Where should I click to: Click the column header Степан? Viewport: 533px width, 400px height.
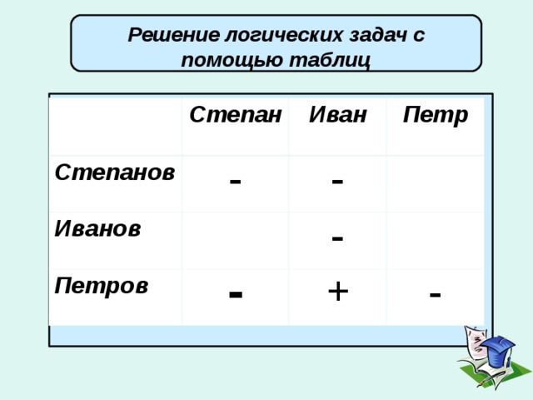[235, 115]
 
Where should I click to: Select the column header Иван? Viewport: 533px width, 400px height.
[338, 115]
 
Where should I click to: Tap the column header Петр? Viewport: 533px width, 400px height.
[436, 116]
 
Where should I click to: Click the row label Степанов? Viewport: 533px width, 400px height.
[115, 172]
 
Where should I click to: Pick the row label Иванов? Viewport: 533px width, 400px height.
[97, 228]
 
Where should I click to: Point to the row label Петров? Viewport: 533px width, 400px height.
[102, 287]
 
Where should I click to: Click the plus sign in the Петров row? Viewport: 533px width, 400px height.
[338, 292]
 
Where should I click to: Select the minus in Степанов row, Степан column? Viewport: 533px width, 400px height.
[235, 181]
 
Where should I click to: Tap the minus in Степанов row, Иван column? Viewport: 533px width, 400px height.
[337, 181]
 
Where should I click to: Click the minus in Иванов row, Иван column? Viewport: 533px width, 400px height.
[337, 237]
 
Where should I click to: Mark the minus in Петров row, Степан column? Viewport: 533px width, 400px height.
[236, 292]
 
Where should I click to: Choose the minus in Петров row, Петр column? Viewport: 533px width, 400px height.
[435, 294]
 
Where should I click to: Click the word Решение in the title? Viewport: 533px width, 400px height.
[174, 35]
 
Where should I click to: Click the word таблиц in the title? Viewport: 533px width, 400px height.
[329, 61]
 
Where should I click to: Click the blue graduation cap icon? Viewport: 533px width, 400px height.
[497, 351]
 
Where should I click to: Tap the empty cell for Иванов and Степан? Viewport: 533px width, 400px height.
[235, 241]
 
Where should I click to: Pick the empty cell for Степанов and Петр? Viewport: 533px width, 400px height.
[435, 184]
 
